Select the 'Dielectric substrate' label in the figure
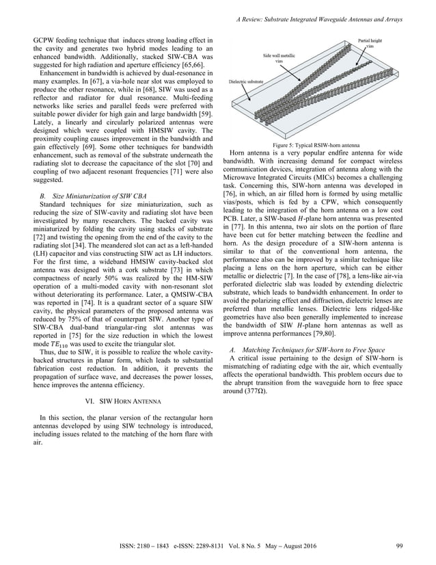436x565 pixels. [x=245, y=80]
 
